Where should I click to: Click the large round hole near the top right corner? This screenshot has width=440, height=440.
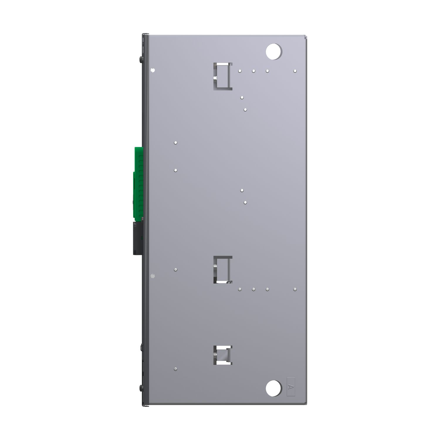point(273,52)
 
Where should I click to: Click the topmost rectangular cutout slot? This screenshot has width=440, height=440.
point(223,76)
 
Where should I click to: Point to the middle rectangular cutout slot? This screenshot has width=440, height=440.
point(223,270)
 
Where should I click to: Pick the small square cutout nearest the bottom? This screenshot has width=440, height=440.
point(223,355)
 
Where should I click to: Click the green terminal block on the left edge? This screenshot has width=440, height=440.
point(138,183)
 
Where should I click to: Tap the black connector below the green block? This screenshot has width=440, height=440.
point(138,238)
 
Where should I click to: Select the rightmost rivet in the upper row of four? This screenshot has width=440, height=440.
point(295,71)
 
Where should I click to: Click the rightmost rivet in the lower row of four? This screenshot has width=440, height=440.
point(295,290)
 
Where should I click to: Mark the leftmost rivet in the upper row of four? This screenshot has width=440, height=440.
point(240,71)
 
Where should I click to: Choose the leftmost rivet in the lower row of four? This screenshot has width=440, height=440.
point(240,290)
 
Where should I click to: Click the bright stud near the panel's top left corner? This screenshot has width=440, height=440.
point(152,70)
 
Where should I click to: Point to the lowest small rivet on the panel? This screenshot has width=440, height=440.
point(175,369)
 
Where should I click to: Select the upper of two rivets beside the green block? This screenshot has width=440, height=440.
point(175,143)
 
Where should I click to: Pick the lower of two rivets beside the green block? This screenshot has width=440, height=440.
point(175,170)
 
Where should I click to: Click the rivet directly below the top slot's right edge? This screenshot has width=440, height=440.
point(242,97)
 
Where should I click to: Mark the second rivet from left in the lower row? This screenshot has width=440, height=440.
point(253,290)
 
